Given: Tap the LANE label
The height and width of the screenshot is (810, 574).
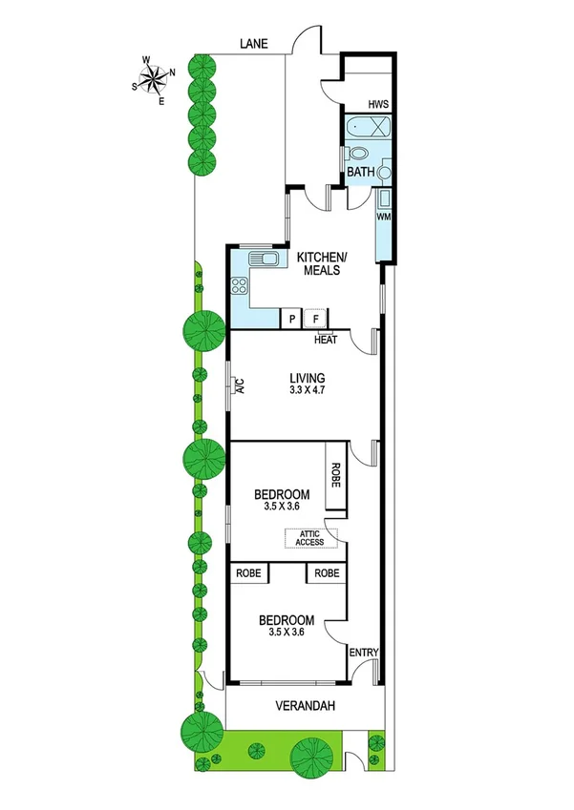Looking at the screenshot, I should pos(254,44).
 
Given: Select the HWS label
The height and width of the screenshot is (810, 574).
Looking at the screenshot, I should pos(379,104).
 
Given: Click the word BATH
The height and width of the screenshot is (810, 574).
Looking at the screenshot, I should pos(360,172).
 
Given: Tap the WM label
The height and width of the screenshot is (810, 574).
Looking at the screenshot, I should pos(384,218).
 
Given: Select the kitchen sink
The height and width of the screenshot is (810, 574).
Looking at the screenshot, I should pos(264,259).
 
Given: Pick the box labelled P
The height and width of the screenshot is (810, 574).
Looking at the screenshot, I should pos(290,319).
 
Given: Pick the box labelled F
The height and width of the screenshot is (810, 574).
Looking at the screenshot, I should pos(316,319).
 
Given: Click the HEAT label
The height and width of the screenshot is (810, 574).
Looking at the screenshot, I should pos(326,339).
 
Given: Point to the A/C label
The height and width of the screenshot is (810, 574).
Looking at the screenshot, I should pos(241,385).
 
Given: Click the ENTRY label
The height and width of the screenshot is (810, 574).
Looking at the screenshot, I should pos(364,653).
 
